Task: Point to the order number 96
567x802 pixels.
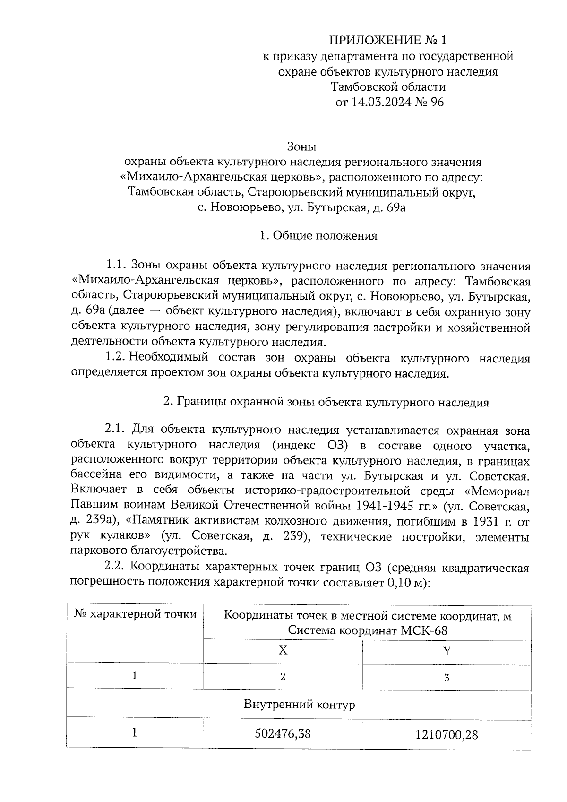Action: pos(437,102)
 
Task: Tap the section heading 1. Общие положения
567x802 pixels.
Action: pos(318,236)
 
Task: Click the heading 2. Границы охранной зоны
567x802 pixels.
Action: pos(326,403)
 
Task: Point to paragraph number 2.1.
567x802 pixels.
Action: pos(115,430)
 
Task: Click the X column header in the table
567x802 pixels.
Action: pos(283,651)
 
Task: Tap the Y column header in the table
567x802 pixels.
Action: pos(447,651)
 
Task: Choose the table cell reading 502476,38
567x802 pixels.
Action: pos(283,734)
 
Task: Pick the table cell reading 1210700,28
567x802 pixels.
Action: pos(447,734)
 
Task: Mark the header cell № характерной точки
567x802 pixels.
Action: pos(135,614)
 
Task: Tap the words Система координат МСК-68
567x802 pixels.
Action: pos(368,630)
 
